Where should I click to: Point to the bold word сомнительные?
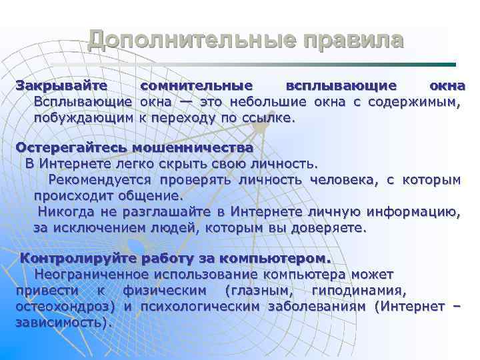(x=197, y=87)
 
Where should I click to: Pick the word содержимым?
(x=419, y=102)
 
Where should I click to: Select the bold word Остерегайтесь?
(x=72, y=147)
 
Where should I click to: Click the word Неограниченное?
(x=91, y=274)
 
